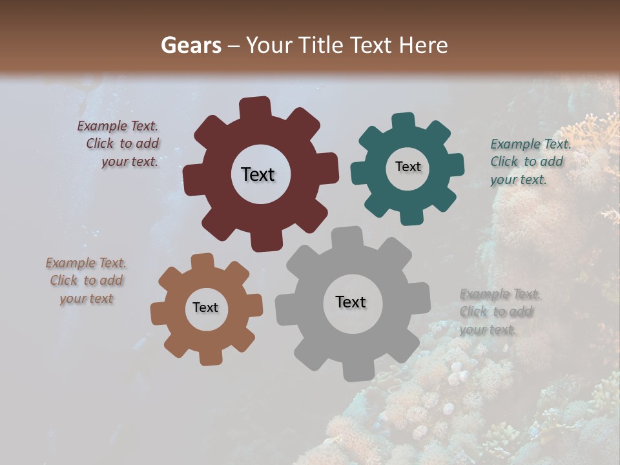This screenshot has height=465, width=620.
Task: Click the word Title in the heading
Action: (323, 45)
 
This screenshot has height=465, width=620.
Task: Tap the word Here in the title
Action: (424, 45)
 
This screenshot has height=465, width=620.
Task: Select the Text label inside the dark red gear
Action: (258, 174)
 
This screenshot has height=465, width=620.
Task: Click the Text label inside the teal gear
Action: (408, 167)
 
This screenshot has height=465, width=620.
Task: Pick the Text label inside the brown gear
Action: (205, 307)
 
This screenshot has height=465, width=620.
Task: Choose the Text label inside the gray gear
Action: (351, 302)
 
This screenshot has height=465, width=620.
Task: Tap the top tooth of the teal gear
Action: (404, 121)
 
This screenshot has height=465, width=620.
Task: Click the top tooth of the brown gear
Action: (203, 261)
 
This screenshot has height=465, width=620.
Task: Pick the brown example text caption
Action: (86, 280)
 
